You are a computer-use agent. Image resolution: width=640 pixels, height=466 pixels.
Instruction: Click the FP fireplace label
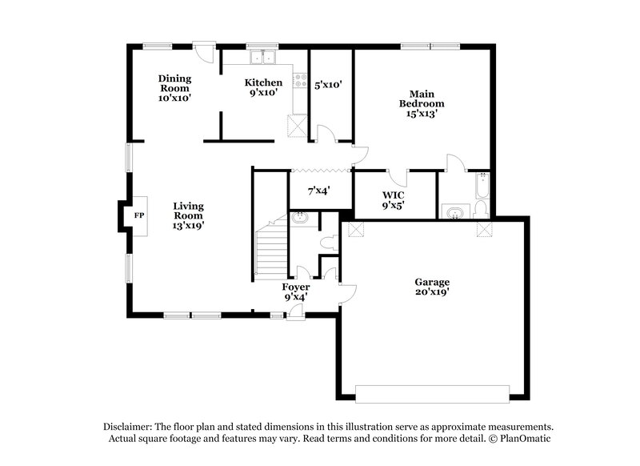(138, 216)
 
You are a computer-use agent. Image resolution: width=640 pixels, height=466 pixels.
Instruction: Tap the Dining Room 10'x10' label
(174, 86)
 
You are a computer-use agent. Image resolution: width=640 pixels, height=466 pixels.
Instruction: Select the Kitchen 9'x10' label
(263, 87)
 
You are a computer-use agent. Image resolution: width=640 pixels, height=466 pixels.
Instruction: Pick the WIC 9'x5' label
(393, 199)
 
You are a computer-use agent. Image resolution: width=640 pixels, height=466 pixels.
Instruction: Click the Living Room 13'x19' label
(188, 215)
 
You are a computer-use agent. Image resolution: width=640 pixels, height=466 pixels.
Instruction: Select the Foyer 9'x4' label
(295, 291)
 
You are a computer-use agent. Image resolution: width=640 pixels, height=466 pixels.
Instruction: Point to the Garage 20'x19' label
(431, 287)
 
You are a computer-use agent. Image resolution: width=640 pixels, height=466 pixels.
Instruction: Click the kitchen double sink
(262, 57)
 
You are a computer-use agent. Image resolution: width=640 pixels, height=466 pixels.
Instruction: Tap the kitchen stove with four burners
(301, 81)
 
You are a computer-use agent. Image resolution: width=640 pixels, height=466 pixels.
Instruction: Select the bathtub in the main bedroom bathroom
(482, 186)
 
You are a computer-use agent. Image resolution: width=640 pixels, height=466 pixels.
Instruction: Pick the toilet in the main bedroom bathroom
(479, 209)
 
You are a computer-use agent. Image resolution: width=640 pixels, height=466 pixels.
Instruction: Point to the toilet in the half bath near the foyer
(327, 242)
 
